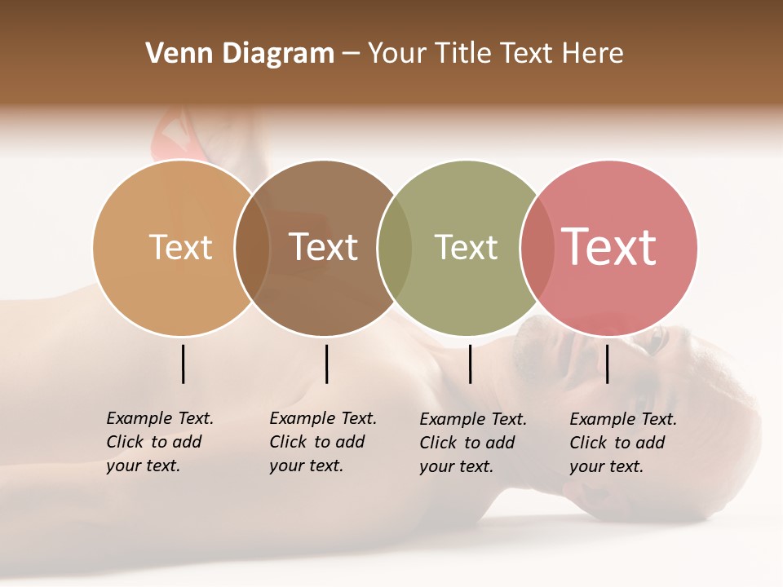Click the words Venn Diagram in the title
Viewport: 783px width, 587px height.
[240, 53]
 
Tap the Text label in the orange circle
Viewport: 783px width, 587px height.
[180, 247]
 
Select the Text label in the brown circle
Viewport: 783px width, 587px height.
[323, 247]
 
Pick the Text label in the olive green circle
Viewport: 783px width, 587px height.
[466, 247]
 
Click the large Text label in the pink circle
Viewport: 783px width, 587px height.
[609, 247]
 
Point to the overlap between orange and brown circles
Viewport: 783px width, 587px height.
[252, 248]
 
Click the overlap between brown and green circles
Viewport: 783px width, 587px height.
[395, 248]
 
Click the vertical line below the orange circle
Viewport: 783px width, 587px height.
[184, 364]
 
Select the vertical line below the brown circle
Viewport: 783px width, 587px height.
[326, 364]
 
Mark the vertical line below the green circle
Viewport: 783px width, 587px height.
[470, 364]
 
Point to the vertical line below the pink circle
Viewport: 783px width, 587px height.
[608, 364]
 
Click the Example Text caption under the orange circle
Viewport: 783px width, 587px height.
[160, 442]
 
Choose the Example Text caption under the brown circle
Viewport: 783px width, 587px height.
[323, 442]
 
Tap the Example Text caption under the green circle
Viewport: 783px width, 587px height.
[473, 443]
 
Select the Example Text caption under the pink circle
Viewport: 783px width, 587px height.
[623, 443]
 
